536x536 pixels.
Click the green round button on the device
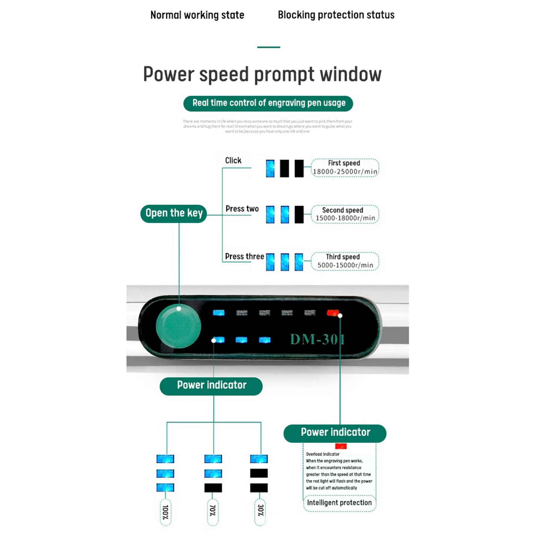click(178, 327)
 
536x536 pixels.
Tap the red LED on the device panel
click(333, 313)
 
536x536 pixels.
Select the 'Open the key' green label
click(174, 213)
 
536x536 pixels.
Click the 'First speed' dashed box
click(345, 167)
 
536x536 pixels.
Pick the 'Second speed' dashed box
click(345, 214)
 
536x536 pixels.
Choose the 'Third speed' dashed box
click(345, 261)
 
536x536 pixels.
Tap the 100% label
click(165, 512)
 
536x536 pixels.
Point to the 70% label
click(213, 511)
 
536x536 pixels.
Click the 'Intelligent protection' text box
click(339, 503)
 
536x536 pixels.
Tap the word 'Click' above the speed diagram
click(233, 160)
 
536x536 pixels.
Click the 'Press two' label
click(242, 209)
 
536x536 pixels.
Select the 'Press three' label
click(244, 256)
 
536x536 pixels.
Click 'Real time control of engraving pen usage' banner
click(268, 103)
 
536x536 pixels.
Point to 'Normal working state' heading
click(197, 15)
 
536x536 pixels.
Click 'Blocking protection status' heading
click(336, 15)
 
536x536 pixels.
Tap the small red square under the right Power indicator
click(341, 446)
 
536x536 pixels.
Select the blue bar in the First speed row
click(270, 168)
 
